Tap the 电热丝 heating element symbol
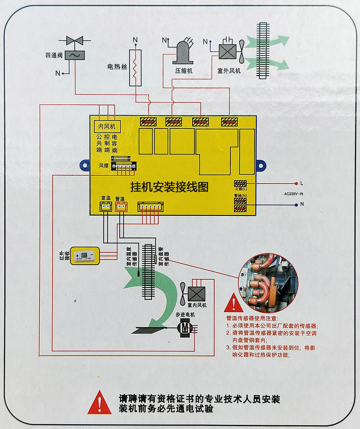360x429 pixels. tap(135, 68)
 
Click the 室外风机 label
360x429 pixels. tap(229, 71)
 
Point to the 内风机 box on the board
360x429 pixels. tap(107, 126)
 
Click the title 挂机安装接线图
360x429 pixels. tap(169, 187)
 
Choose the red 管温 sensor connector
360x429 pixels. tap(121, 206)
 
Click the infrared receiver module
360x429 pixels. tap(85, 256)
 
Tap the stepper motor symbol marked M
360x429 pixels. tap(185, 328)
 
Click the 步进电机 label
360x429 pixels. tap(185, 315)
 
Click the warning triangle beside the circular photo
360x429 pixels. tap(233, 303)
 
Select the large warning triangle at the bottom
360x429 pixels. tap(99, 403)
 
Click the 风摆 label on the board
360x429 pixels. tap(103, 166)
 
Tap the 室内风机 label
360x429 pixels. tap(197, 305)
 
